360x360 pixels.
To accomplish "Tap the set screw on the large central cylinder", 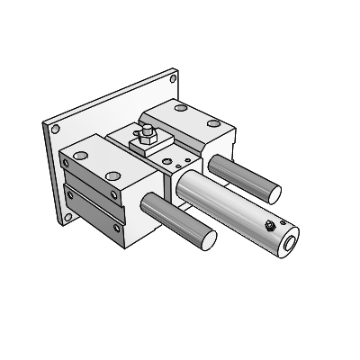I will coord(268,227).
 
